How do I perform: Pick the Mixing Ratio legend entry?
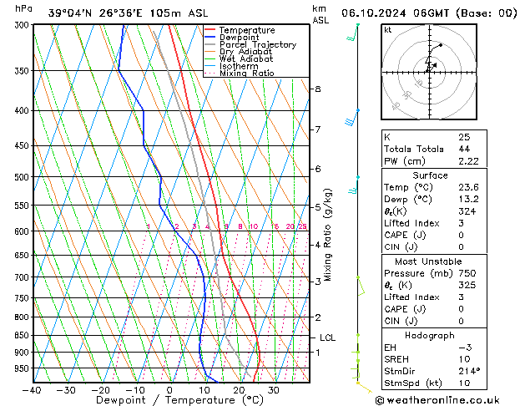point(251,74)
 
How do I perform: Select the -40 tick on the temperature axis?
point(33,390)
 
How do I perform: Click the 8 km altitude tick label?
point(318,89)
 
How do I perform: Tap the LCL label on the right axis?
point(328,337)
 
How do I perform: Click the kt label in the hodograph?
point(387,30)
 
